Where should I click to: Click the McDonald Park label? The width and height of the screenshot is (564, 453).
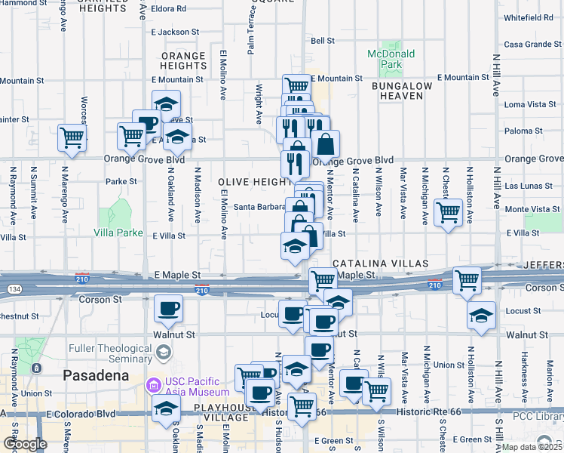[391, 59]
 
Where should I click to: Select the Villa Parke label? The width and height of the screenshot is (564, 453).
[118, 233]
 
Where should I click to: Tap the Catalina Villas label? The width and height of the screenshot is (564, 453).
[381, 263]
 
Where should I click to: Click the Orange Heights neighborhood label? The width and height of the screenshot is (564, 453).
[182, 60]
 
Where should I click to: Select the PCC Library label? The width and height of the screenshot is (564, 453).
[537, 417]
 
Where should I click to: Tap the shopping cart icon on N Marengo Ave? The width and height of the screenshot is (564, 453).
[72, 137]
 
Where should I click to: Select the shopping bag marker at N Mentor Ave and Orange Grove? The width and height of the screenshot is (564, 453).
[326, 143]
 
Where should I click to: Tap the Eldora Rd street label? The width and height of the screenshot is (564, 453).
[169, 9]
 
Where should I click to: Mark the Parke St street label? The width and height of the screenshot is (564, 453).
[121, 181]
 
